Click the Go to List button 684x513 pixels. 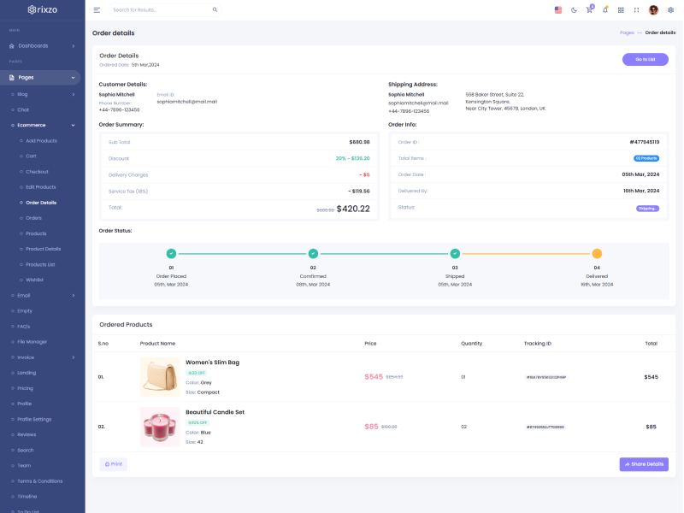(645, 59)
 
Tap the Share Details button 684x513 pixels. (644, 464)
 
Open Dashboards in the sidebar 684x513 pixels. (33, 45)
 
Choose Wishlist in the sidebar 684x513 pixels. (34, 280)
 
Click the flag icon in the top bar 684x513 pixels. (558, 10)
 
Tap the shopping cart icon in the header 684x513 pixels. (589, 10)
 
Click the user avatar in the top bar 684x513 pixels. (653, 10)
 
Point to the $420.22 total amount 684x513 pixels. (353, 209)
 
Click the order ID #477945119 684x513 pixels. (644, 142)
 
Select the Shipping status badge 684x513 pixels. (647, 208)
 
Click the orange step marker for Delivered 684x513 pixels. (597, 253)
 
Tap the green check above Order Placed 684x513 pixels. (171, 253)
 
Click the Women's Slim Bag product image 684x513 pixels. (160, 377)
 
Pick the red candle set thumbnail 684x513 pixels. (160, 426)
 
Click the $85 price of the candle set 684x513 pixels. (371, 426)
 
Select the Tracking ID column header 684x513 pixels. (538, 344)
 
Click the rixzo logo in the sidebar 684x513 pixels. (43, 10)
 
